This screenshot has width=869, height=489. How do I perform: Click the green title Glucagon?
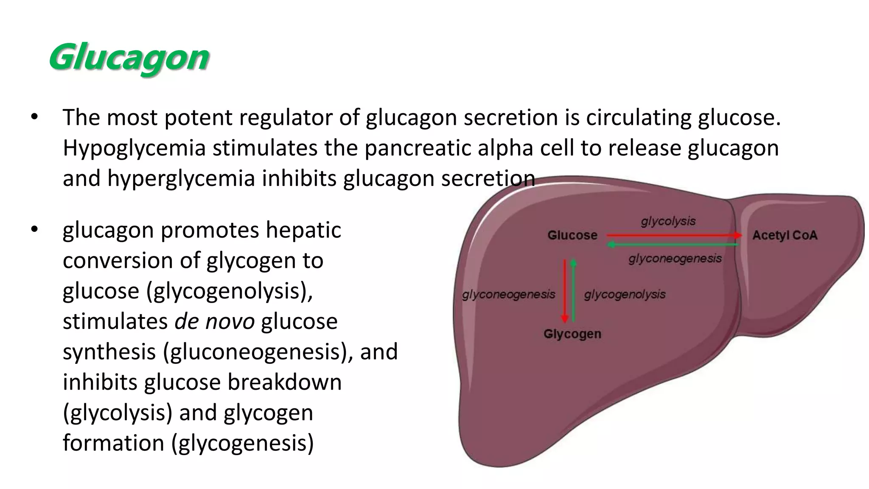click(x=129, y=57)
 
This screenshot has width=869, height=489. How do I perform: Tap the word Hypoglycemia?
click(x=134, y=148)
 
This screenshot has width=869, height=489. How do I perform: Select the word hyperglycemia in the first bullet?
click(x=181, y=178)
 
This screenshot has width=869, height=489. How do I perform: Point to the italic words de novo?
click(x=214, y=321)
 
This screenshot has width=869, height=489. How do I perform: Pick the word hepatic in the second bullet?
click(x=303, y=230)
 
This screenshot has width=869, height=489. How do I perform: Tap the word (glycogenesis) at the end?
click(x=243, y=443)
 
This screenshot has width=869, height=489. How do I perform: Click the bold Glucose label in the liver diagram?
click(x=572, y=235)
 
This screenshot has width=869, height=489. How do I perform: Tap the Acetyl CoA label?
click(x=785, y=235)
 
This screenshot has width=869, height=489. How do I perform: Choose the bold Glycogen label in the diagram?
click(x=572, y=334)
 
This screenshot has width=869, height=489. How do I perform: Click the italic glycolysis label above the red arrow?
click(x=668, y=221)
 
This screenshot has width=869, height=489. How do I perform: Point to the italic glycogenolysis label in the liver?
click(x=625, y=294)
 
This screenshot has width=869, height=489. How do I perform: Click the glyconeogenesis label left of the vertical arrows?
click(x=508, y=294)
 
